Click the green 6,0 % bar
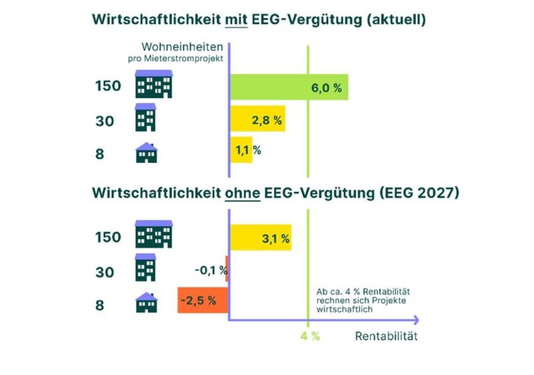click(x=288, y=87)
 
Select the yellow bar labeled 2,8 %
click(x=258, y=119)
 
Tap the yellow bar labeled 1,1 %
click(x=241, y=150)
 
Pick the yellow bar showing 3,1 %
click(x=260, y=238)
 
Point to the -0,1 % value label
click(x=210, y=270)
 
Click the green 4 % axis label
click(x=308, y=336)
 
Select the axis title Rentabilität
click(x=386, y=336)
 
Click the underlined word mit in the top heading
click(x=238, y=20)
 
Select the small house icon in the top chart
click(x=147, y=153)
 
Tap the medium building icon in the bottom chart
click(x=146, y=268)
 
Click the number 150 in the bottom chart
click(x=107, y=238)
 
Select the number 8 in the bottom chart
click(x=100, y=306)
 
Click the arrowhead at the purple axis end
click(x=415, y=320)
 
